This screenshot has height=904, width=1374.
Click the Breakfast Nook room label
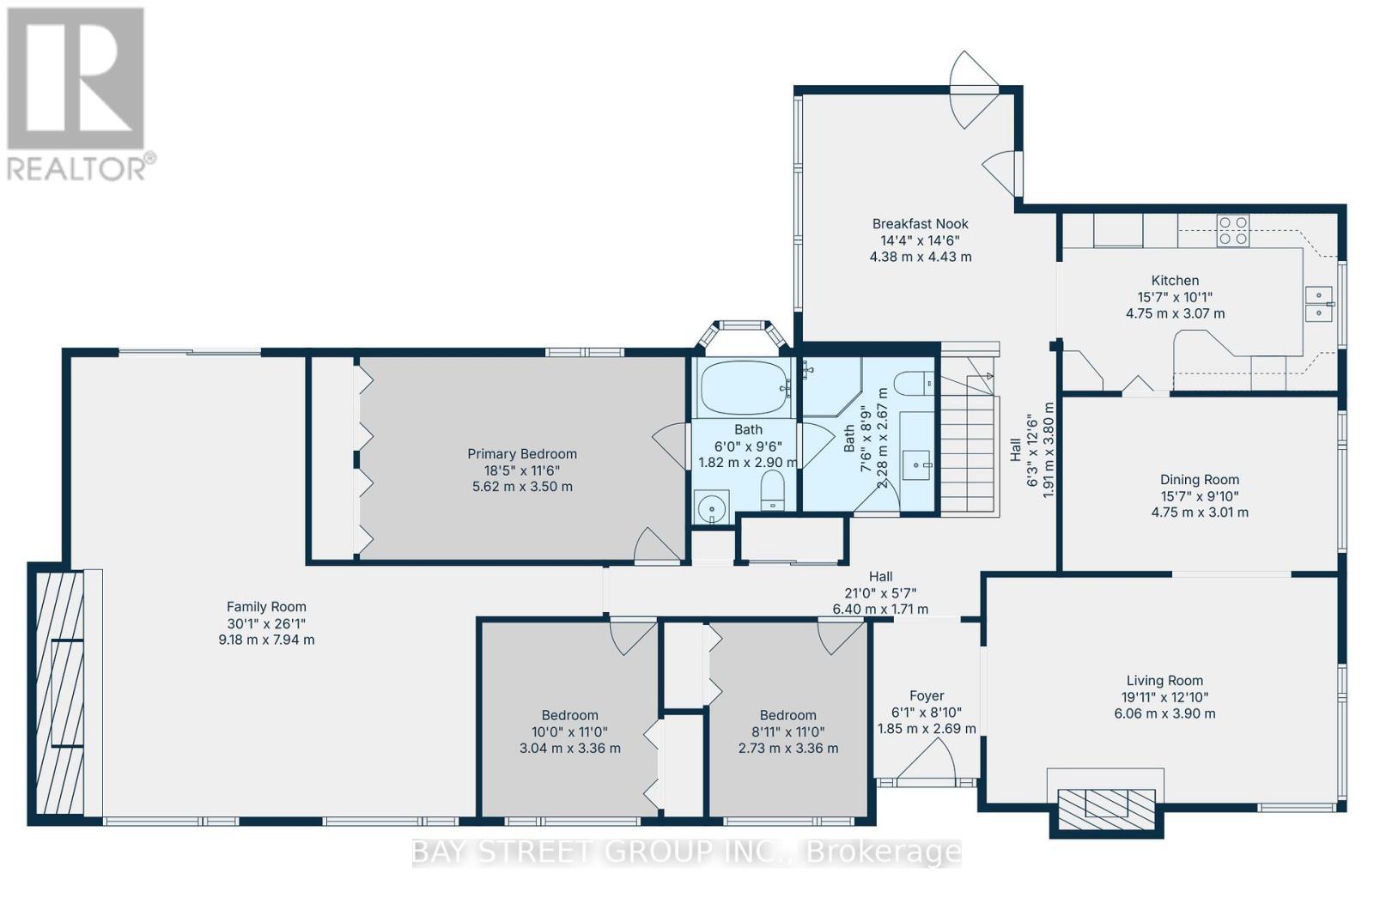[x=920, y=224]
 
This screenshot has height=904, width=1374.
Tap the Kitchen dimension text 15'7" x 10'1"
[x=1175, y=297]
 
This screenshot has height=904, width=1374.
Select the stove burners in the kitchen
[x=1233, y=231]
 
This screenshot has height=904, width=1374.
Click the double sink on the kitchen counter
[x=1318, y=304]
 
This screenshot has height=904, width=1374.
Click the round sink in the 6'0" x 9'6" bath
[x=712, y=508]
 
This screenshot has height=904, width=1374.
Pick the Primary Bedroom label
[x=521, y=454]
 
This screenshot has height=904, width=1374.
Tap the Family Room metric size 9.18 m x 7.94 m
[x=266, y=640]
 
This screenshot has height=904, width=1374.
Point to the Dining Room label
[x=1199, y=480]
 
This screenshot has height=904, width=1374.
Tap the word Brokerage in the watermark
[x=885, y=852]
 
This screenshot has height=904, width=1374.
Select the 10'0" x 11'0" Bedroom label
[x=569, y=715]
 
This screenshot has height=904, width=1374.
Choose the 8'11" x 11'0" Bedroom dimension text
[x=787, y=732]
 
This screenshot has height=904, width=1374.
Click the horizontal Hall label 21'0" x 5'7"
[x=880, y=592]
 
